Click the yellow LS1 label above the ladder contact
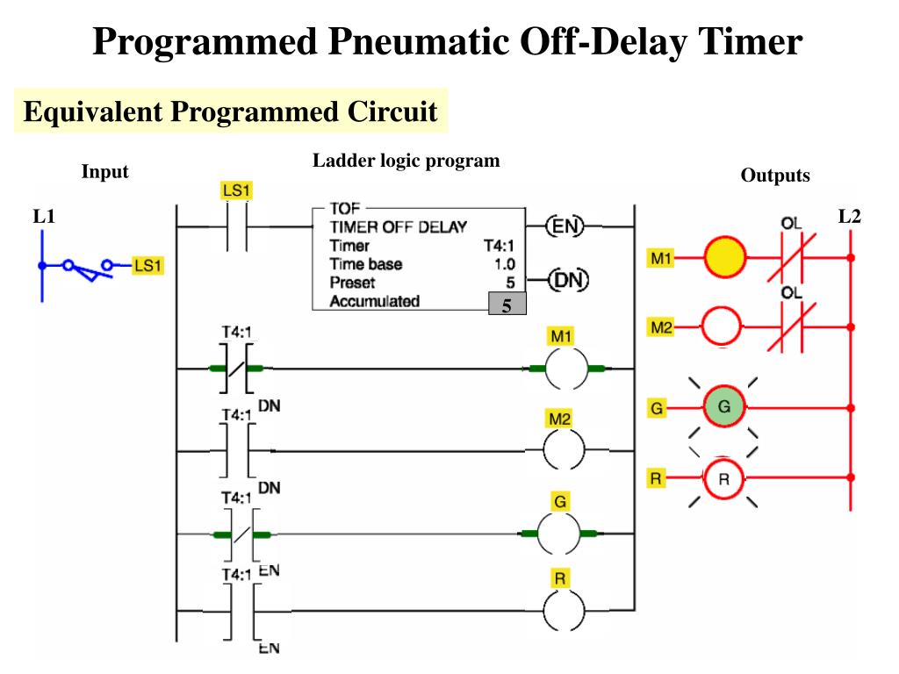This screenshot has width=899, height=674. point(236,190)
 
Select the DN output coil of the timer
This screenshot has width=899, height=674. point(568,281)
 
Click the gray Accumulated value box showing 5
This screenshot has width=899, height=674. point(507,305)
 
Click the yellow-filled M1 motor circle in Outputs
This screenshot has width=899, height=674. point(724,258)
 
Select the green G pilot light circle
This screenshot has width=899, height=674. point(724,406)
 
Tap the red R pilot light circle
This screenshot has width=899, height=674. point(724,478)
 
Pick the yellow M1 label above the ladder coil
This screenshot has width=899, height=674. point(559,336)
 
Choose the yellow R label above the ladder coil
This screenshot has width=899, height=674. point(559,578)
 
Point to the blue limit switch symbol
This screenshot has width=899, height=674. point(86,266)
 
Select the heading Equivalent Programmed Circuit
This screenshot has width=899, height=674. point(230,111)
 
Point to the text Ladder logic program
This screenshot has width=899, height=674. point(406,161)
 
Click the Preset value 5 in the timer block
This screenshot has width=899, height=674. point(509,283)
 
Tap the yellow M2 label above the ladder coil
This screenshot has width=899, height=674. point(559,419)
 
